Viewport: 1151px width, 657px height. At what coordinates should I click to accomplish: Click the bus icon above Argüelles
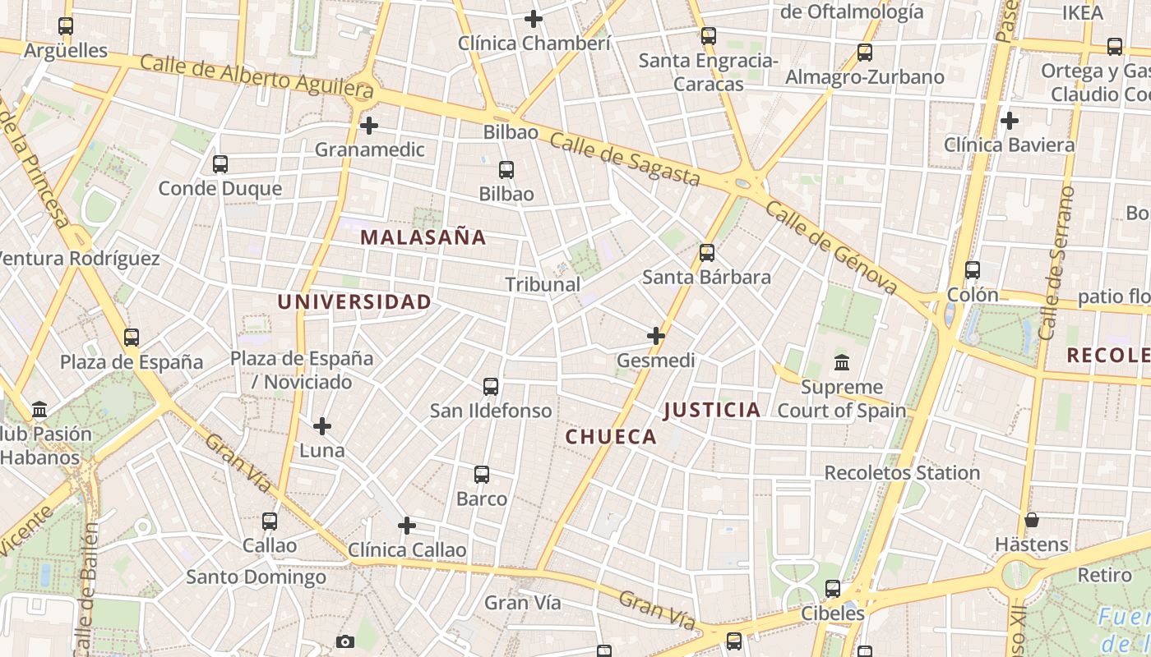pyautogui.click(x=66, y=26)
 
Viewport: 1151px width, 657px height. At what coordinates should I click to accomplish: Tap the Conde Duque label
pyautogui.click(x=220, y=189)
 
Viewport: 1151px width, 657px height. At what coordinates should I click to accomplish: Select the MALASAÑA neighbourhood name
pyautogui.click(x=423, y=238)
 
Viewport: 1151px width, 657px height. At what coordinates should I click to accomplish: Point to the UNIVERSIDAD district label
pyautogui.click(x=354, y=302)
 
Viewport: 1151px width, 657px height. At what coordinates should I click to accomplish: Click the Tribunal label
pyautogui.click(x=543, y=284)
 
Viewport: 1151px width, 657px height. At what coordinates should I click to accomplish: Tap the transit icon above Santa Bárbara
pyautogui.click(x=707, y=253)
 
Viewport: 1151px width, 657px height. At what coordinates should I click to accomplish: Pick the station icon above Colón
pyautogui.click(x=973, y=269)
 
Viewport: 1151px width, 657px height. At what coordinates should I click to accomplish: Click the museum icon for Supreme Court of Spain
pyautogui.click(x=842, y=362)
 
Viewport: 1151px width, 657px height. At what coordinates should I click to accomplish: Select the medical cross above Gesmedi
pyautogui.click(x=655, y=336)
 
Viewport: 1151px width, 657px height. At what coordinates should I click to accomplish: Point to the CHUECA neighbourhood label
pyautogui.click(x=611, y=437)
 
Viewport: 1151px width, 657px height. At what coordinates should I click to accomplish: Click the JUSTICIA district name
pyautogui.click(x=712, y=410)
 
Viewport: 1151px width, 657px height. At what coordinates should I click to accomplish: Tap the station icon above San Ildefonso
pyautogui.click(x=491, y=386)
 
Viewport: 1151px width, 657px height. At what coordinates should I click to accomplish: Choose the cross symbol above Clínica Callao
pyautogui.click(x=406, y=526)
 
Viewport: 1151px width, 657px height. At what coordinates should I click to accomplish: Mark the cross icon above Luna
pyautogui.click(x=322, y=426)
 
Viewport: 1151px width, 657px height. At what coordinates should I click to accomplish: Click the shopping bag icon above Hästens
pyautogui.click(x=1031, y=520)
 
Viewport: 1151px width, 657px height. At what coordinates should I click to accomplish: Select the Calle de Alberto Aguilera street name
pyautogui.click(x=257, y=77)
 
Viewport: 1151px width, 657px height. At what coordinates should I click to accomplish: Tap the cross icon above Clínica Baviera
pyautogui.click(x=1010, y=121)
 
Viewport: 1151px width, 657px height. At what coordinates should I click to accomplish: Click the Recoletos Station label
pyautogui.click(x=902, y=473)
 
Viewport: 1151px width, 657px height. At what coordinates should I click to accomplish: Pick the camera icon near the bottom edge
pyautogui.click(x=345, y=641)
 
